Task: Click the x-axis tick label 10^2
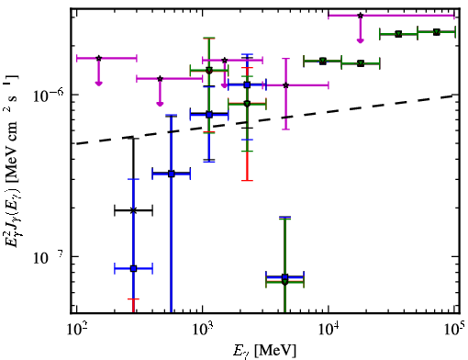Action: (77, 330)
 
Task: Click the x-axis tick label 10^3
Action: (203, 330)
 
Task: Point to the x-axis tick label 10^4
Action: (329, 330)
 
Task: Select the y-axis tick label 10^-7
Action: (48, 257)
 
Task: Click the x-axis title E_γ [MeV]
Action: (264, 351)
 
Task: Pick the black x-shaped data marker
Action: (133, 210)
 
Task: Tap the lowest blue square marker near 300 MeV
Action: (133, 269)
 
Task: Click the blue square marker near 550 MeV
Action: (172, 174)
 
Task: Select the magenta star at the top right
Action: (361, 16)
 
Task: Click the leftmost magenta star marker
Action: (98, 58)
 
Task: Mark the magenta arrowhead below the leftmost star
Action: (98, 84)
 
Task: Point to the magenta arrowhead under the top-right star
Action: (361, 40)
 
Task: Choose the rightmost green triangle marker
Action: (437, 32)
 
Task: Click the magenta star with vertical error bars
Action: (286, 85)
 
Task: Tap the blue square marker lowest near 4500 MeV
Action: (284, 277)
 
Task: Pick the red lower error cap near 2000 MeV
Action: (247, 181)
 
